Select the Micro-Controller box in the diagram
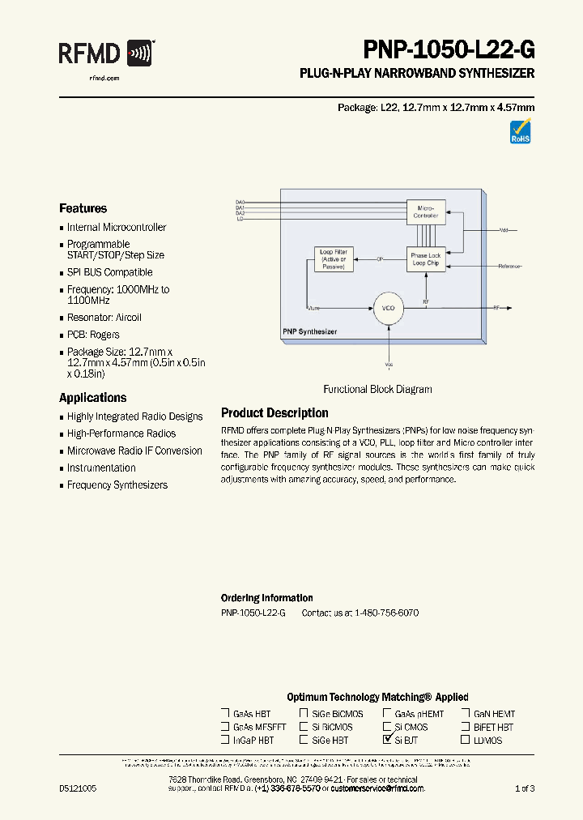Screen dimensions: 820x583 (x=426, y=212)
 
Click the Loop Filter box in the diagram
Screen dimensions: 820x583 (x=333, y=259)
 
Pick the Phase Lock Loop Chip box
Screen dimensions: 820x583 (x=426, y=259)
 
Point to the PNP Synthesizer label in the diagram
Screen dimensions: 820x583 (x=310, y=332)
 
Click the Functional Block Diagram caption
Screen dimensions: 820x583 (x=377, y=389)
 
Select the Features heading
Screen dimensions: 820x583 (x=83, y=208)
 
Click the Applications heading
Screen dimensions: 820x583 (x=92, y=398)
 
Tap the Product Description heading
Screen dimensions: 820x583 (x=274, y=413)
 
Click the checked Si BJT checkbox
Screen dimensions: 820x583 (x=387, y=740)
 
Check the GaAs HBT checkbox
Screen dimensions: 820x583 (x=225, y=714)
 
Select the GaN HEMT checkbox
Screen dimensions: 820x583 (x=466, y=714)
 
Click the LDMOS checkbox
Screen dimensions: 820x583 (x=466, y=740)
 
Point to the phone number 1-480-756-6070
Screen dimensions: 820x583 (x=386, y=613)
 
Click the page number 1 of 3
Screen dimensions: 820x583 (x=525, y=788)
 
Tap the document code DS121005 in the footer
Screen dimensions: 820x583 (x=78, y=788)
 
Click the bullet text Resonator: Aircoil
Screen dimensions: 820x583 (x=104, y=318)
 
